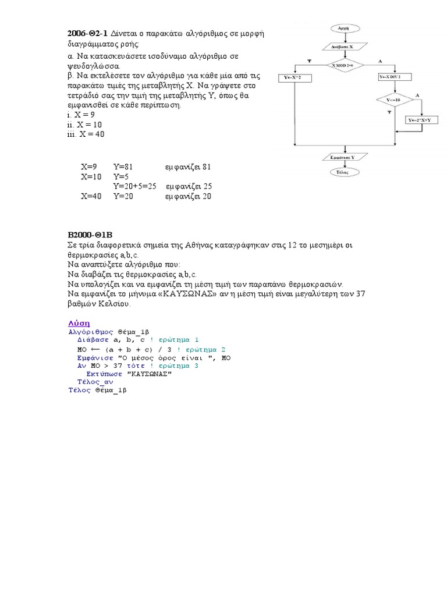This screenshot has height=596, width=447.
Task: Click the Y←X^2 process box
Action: [x=297, y=77]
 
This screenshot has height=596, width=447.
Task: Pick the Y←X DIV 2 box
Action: [x=394, y=77]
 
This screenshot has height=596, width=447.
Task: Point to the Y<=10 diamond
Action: [x=393, y=100]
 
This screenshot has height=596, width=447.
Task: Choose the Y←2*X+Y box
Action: [x=423, y=120]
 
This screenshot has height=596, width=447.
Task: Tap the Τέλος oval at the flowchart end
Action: [x=342, y=172]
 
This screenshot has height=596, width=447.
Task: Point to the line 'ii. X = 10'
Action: [x=85, y=125]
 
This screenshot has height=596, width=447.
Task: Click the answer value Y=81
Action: [x=123, y=167]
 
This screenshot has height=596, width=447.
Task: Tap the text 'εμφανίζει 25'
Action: [x=189, y=186]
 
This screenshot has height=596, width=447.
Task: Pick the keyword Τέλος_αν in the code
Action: [x=95, y=382]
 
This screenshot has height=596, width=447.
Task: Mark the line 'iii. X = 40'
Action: [x=86, y=134]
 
